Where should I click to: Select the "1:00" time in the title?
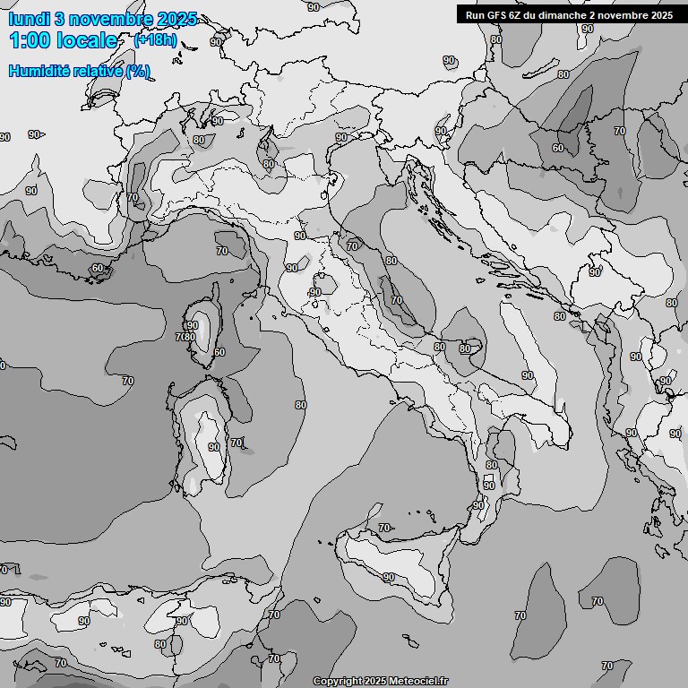(29, 41)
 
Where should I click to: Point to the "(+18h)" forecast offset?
(155, 40)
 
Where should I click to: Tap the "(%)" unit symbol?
(138, 72)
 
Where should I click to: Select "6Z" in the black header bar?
(514, 15)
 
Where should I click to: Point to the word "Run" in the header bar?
(474, 15)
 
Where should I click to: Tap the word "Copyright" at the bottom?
(338, 682)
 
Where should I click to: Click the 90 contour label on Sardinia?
(213, 447)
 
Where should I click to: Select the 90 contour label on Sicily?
(389, 578)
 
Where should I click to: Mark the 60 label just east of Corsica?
(219, 352)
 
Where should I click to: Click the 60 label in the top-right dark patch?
(558, 148)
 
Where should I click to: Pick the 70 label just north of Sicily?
(384, 529)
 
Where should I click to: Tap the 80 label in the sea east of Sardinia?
(300, 405)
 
